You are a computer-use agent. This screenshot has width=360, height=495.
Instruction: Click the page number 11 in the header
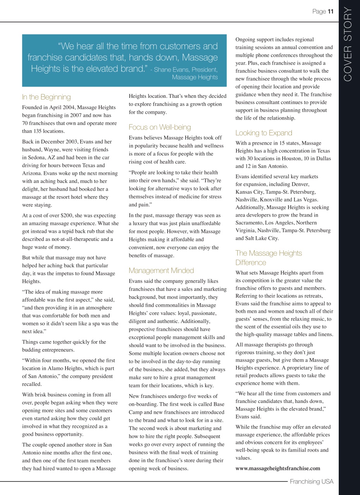[x=330, y=12]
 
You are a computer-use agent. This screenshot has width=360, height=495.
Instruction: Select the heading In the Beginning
[x=46, y=97]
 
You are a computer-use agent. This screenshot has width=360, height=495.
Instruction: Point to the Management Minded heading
[x=161, y=270]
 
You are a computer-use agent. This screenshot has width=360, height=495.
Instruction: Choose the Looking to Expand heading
[x=264, y=133]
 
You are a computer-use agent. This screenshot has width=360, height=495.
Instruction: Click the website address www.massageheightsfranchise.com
[x=278, y=468]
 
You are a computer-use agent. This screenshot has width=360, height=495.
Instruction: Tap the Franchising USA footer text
[x=311, y=481]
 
